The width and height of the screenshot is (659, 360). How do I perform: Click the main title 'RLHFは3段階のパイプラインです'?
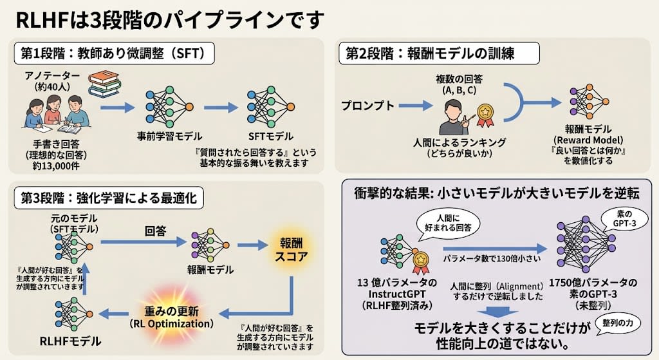(170, 20)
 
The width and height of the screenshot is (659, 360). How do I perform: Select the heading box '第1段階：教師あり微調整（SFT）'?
(114, 53)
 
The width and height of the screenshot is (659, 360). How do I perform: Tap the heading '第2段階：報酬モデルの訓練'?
(439, 53)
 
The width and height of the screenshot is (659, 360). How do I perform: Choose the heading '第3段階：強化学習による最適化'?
(109, 198)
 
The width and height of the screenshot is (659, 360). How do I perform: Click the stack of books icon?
(105, 84)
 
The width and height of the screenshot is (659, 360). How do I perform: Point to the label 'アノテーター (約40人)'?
(52, 81)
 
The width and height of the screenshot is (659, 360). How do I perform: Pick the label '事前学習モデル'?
(169, 137)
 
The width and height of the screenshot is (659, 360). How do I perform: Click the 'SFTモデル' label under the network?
(271, 137)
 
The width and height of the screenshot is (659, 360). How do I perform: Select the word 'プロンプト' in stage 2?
(367, 106)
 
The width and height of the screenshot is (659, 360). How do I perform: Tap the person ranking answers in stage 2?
(454, 117)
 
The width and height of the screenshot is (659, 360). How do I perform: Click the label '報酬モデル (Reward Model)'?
(588, 134)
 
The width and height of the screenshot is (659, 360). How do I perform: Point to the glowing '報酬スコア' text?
(292, 249)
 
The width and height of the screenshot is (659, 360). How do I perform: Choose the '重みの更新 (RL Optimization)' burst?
(171, 317)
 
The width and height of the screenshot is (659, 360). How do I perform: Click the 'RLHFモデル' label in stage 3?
(70, 341)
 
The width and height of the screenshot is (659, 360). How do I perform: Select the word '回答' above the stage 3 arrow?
(156, 231)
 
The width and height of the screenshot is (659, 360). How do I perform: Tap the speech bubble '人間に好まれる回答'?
(448, 223)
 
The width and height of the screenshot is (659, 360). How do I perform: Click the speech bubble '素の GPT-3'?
(624, 219)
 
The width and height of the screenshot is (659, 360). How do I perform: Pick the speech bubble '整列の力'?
(618, 323)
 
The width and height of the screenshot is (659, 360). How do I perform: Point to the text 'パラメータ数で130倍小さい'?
(492, 258)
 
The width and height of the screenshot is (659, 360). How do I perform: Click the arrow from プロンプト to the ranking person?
(416, 105)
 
